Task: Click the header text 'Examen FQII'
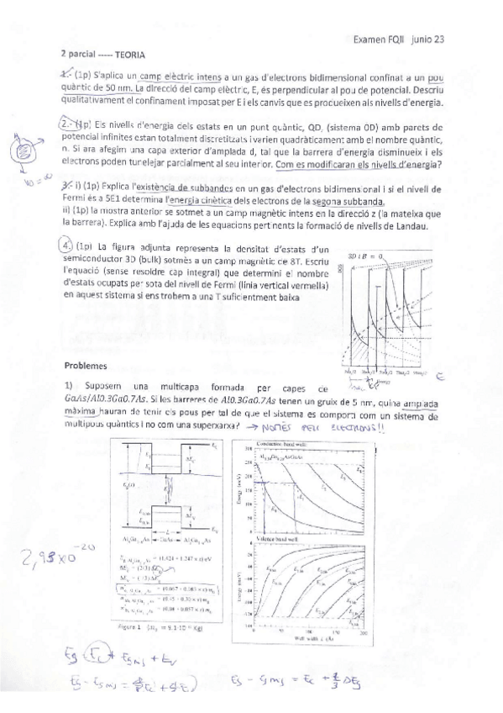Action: click(380, 38)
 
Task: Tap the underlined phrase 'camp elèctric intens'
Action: click(176, 77)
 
